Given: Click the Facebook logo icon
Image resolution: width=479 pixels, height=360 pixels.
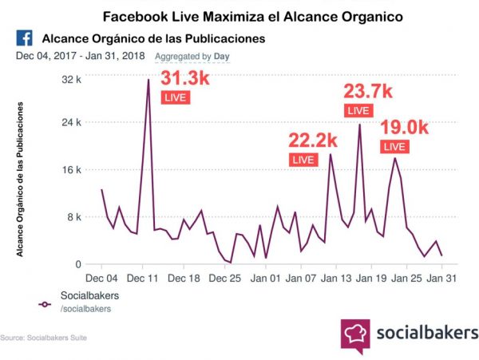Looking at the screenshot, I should coord(23,38).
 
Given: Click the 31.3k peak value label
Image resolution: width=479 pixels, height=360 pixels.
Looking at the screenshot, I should coord(186,79).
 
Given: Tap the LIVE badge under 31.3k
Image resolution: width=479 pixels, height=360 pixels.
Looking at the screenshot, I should coord(175,97).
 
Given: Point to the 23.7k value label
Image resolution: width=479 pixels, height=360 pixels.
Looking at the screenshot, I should coord(368,91).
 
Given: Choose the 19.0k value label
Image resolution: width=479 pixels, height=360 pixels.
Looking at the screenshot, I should coord(405,128).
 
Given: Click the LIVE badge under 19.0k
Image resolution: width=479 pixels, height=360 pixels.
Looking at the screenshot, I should coord(394,146).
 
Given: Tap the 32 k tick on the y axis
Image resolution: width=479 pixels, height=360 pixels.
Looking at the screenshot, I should coord(72,79).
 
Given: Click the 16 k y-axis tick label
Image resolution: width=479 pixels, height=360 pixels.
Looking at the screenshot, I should coord(72,169).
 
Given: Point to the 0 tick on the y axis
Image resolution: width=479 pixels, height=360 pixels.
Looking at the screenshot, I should coord(78,264).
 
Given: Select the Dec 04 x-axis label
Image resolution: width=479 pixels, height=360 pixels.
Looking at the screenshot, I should coord(102,279).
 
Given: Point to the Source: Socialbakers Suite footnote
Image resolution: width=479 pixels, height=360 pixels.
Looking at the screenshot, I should coord(44,338).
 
